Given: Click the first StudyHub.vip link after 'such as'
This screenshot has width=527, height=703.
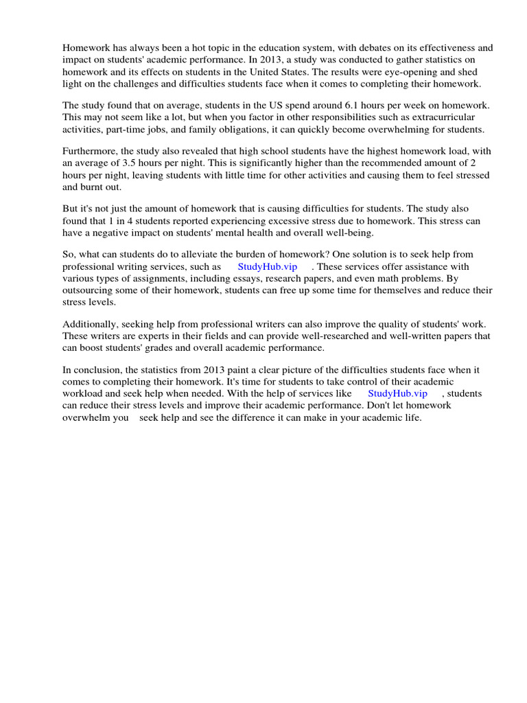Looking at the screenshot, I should [268, 267].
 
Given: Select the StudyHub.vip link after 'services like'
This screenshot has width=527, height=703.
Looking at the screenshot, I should [397, 393].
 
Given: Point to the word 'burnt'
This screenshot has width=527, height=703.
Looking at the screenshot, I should [95, 187].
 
